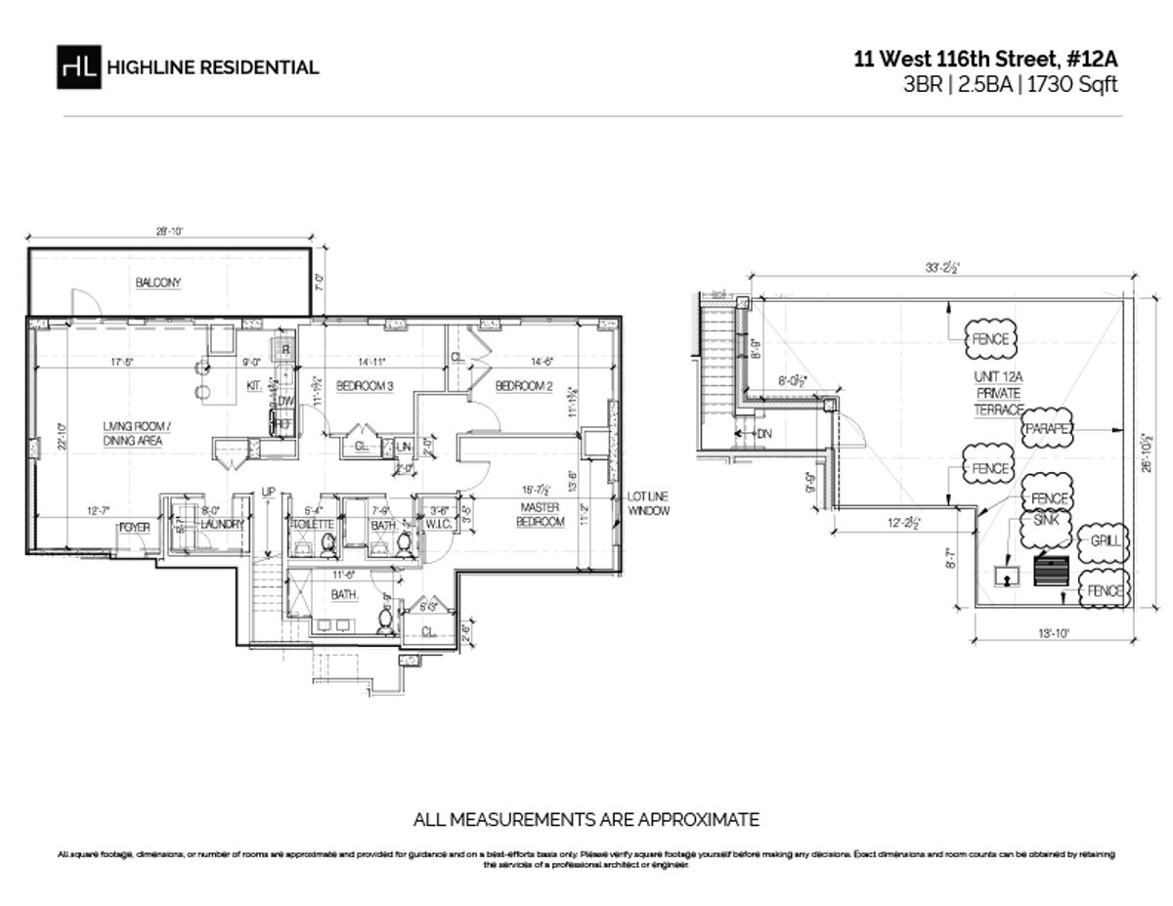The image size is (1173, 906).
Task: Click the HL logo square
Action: [x=79, y=66]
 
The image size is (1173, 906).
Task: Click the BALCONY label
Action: [x=158, y=282]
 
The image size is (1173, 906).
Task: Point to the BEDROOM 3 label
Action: [x=365, y=386]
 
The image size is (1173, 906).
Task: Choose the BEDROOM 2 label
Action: [x=524, y=386]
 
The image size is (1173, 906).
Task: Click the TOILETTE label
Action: [x=313, y=524]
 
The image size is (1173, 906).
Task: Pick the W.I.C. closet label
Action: [x=436, y=524]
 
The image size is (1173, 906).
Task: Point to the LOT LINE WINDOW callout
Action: [x=649, y=504]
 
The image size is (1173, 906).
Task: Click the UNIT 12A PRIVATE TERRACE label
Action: [x=996, y=394]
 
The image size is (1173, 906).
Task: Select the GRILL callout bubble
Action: [x=1104, y=539]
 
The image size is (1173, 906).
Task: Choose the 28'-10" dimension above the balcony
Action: [x=168, y=233]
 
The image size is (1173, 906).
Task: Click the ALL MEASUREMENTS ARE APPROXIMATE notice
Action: [x=586, y=819]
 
